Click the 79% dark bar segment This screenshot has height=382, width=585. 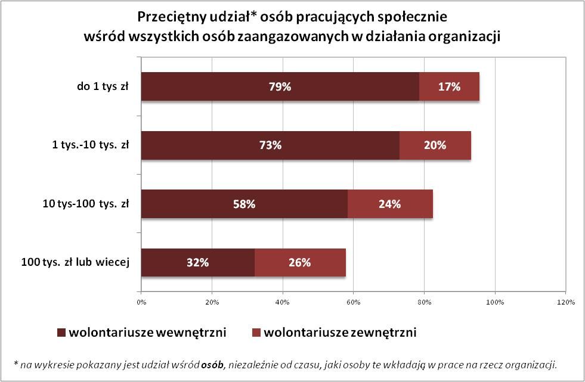[280, 87]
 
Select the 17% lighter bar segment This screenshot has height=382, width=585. [449, 87]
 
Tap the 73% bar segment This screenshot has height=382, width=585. [270, 145]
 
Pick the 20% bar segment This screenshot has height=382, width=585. [435, 145]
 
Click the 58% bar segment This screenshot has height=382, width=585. [244, 204]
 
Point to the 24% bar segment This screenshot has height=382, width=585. [389, 204]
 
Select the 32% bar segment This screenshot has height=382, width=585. [198, 262]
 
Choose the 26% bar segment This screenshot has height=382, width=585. [299, 262]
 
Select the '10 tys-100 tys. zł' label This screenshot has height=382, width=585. [86, 204]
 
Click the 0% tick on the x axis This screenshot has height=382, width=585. [141, 303]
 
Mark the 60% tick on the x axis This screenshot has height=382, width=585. [353, 303]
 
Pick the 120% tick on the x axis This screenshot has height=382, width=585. [565, 303]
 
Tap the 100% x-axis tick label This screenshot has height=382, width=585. [495, 303]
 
